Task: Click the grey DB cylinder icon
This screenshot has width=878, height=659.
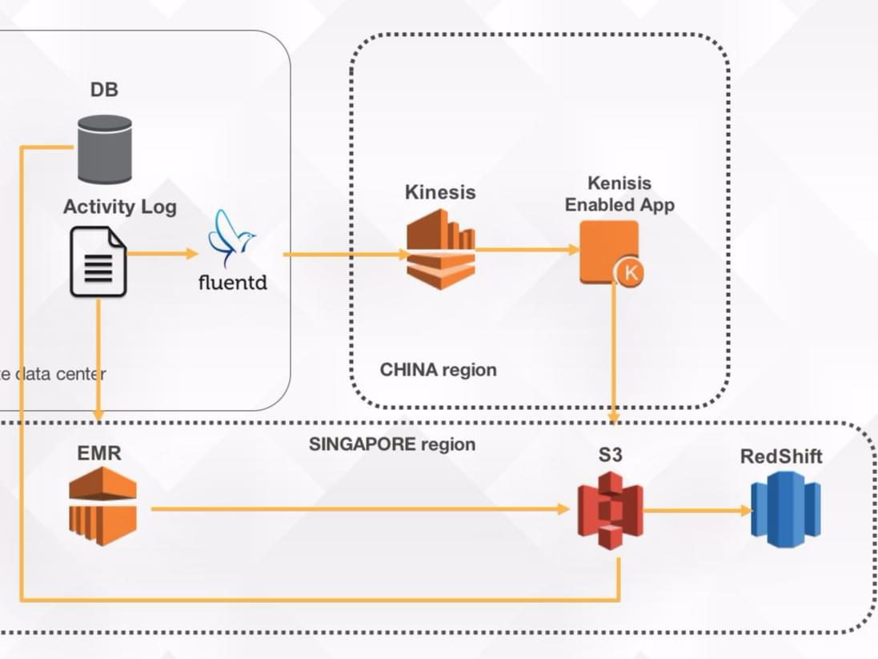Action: pyautogui.click(x=105, y=149)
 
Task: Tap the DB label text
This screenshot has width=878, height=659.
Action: pyautogui.click(x=104, y=90)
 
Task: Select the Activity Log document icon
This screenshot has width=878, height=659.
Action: pyautogui.click(x=98, y=261)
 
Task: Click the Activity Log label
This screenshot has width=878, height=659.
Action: pyautogui.click(x=120, y=207)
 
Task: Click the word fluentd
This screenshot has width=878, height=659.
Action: pyautogui.click(x=232, y=283)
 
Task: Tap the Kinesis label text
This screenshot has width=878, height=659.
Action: pyautogui.click(x=440, y=193)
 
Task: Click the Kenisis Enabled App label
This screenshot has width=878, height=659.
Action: pyautogui.click(x=619, y=195)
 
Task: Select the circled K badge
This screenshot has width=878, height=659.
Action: pyautogui.click(x=630, y=273)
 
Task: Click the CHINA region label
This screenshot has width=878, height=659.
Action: pyautogui.click(x=438, y=370)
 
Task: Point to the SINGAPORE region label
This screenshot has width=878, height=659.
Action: pyautogui.click(x=392, y=444)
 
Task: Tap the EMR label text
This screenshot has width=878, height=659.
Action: pyautogui.click(x=99, y=453)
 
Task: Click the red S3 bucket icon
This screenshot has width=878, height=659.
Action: pyautogui.click(x=611, y=510)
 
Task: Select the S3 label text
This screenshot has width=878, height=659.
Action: pyautogui.click(x=611, y=456)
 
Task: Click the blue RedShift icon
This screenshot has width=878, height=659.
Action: pyautogui.click(x=785, y=509)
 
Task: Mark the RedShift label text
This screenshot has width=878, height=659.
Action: pyautogui.click(x=781, y=456)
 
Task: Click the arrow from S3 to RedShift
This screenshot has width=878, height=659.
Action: pyautogui.click(x=697, y=510)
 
